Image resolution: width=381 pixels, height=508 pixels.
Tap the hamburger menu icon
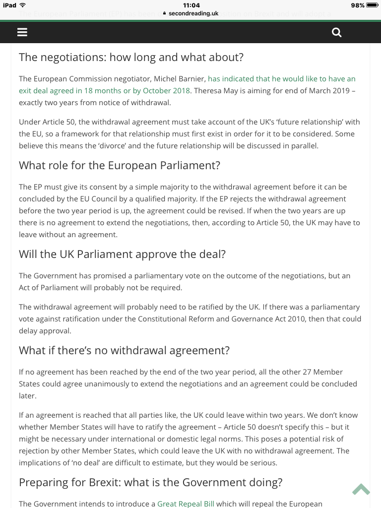(22, 32)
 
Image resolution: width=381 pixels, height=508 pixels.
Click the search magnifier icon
(337, 32)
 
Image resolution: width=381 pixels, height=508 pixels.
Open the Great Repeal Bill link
(186, 504)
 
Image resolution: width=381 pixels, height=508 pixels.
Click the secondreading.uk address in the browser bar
(193, 13)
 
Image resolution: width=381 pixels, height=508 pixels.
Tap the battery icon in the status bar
(372, 5)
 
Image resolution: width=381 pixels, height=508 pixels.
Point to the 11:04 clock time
(191, 5)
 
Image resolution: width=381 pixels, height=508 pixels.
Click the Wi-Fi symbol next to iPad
(23, 5)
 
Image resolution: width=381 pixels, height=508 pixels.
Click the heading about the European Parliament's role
(120, 165)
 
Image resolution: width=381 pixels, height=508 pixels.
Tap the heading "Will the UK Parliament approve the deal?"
(122, 254)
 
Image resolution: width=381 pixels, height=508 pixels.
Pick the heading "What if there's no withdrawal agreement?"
(124, 350)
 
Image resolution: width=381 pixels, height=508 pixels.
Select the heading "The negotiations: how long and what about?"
(131, 57)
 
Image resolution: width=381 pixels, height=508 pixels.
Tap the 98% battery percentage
(357, 5)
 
